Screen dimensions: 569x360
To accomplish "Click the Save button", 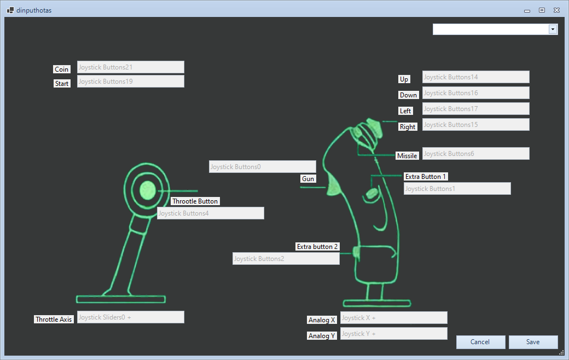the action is [x=533, y=342].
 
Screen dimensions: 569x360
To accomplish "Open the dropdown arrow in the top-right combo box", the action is [x=553, y=30].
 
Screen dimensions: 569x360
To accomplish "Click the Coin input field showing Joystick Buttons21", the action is [x=131, y=67].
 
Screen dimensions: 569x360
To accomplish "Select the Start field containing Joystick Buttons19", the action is [x=131, y=82].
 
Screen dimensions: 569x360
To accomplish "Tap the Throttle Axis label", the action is [x=54, y=320].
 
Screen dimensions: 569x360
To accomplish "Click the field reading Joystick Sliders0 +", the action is [x=131, y=317].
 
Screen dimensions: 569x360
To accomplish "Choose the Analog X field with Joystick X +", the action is [x=394, y=318].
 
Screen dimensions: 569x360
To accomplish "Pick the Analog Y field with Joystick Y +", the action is [x=394, y=334].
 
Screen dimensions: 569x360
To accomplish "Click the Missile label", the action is [x=407, y=156].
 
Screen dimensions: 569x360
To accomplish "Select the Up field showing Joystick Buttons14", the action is [x=476, y=77].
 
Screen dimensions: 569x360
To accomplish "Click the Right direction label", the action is [x=408, y=126].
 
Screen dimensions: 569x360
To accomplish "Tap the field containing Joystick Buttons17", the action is [x=476, y=109].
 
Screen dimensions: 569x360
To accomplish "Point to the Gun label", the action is [x=308, y=178].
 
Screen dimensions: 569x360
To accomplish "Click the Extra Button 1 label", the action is [x=426, y=177].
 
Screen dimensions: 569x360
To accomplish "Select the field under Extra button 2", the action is [x=286, y=259].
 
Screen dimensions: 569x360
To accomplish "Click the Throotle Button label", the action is [x=195, y=201].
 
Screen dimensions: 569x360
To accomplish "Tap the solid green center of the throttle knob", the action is [x=148, y=190].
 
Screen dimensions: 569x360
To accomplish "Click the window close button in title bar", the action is [x=556, y=10].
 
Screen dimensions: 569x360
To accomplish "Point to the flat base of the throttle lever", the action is [x=121, y=299].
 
